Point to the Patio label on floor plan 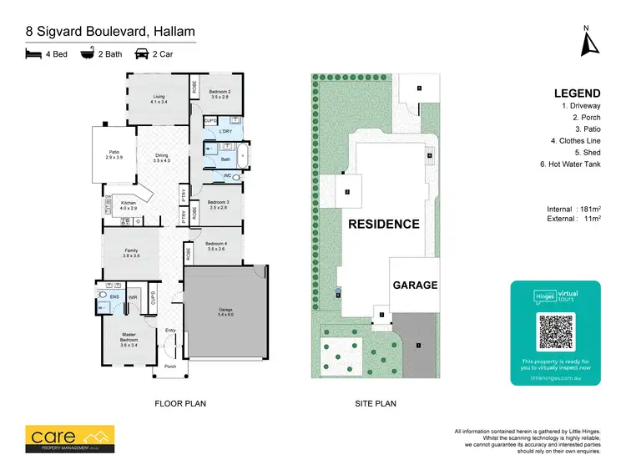(x=114, y=154)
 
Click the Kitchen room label (x=129, y=205)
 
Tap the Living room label (x=159, y=99)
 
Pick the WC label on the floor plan (x=227, y=177)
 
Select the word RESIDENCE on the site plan (x=383, y=224)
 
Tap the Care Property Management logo (x=69, y=437)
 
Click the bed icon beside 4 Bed (x=33, y=54)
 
